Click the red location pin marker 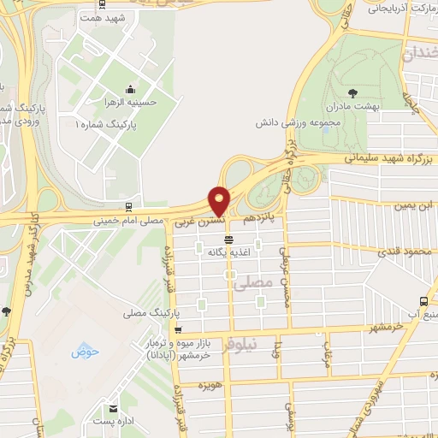[220, 201]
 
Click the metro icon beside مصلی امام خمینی [128, 206]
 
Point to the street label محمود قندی [402, 251]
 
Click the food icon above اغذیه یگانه [228, 240]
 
